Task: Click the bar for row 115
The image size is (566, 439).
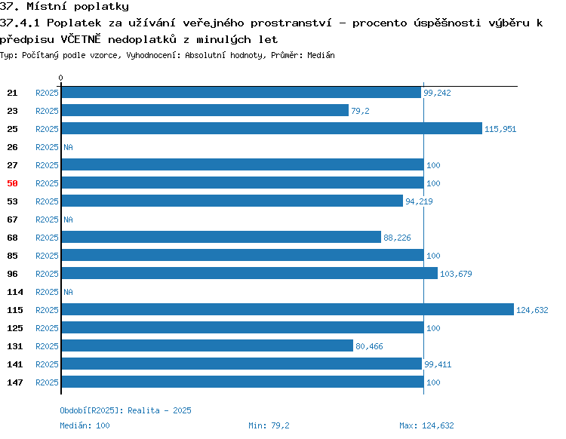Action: pos(288,309)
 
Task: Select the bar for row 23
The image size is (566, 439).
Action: pos(205,110)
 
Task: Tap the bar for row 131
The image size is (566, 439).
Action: pos(208,345)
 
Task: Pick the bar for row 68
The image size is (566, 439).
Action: pos(221,237)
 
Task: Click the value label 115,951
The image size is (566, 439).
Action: pos(500,129)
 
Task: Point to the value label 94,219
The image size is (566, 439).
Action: pos(419,201)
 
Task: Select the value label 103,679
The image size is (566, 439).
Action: pos(456,274)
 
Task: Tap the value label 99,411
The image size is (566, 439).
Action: pos(438,364)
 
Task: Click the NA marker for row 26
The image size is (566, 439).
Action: pos(68,147)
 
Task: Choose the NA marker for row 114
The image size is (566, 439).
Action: pos(68,292)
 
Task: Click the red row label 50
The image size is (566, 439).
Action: pos(12,183)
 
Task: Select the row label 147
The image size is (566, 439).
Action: pos(15,382)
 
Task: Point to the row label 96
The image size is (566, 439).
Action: pos(12,274)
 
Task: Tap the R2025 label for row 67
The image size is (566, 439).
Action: pos(47,219)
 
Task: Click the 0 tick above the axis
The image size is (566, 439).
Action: pos(60,78)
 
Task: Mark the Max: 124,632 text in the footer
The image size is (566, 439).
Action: pos(426,425)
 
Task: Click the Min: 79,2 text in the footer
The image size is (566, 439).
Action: pos(269,425)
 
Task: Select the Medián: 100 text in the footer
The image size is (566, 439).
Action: pos(85,425)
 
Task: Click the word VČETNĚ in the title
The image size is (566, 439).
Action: pos(81,38)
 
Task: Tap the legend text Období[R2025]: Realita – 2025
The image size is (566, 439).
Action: pos(125,410)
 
